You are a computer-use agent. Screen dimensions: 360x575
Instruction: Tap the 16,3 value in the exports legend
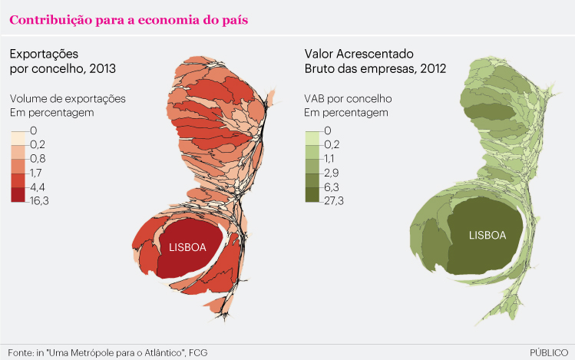39,200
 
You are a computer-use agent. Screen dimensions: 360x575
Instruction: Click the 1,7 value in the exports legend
35,173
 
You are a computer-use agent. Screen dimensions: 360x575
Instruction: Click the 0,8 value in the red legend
36,159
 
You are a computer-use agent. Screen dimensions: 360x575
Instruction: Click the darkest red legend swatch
18,193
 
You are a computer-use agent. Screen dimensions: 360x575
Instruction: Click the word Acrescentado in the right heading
374,54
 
